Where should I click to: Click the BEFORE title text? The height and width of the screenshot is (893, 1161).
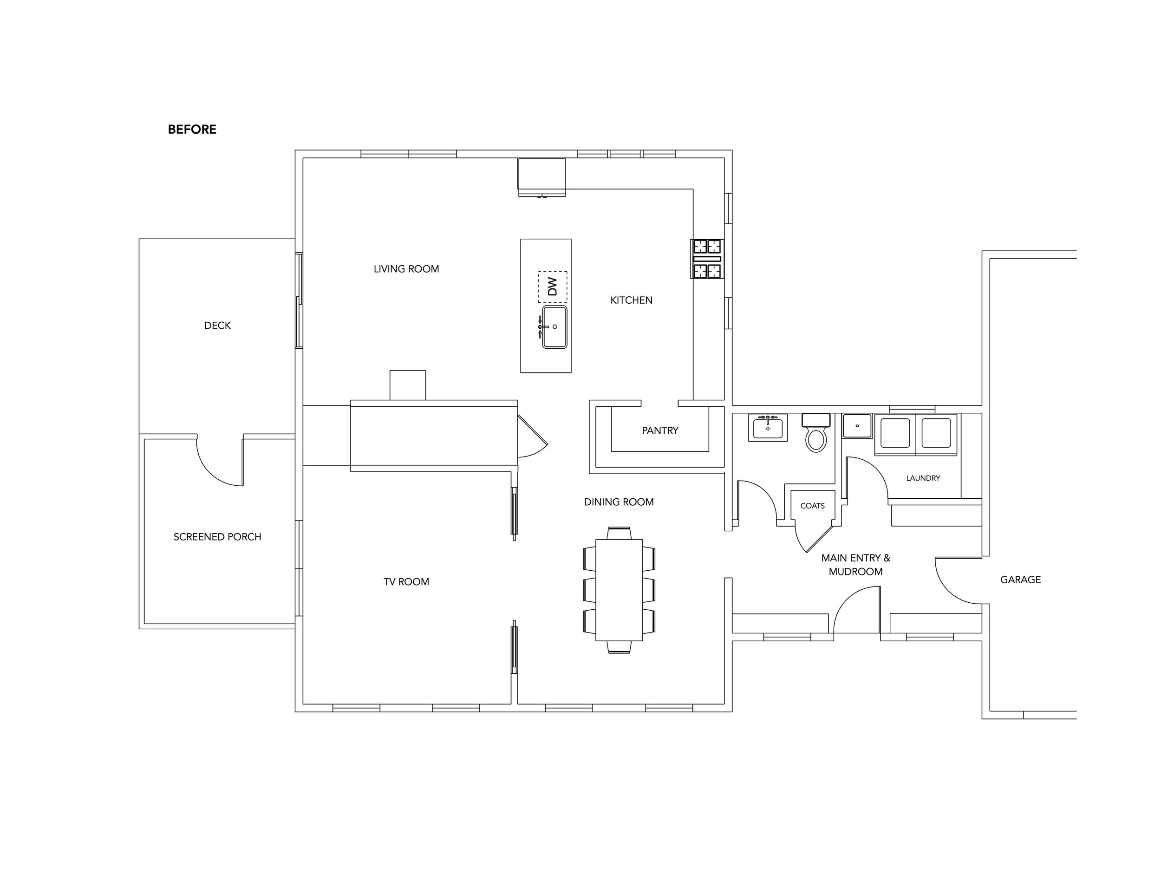point(192,130)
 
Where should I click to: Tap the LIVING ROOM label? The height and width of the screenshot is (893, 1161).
point(406,269)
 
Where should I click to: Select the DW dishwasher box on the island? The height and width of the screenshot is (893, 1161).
point(552,287)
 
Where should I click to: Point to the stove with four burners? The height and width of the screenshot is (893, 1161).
point(707,259)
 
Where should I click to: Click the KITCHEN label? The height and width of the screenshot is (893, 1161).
point(631,300)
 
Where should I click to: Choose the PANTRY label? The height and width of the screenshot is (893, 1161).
point(660,430)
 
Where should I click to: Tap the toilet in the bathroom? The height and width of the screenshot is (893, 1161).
point(816,433)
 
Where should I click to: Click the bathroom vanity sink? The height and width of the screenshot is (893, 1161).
point(768,427)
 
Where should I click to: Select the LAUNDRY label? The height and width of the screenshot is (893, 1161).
point(923,478)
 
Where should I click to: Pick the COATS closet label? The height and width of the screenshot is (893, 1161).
point(812,506)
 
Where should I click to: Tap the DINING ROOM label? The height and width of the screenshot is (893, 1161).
point(619,502)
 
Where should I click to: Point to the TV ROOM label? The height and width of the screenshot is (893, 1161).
point(406,582)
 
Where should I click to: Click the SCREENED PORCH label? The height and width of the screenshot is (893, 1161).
point(217,537)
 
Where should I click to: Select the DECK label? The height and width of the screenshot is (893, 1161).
point(217,326)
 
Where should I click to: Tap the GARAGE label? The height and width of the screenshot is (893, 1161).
point(1020,580)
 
